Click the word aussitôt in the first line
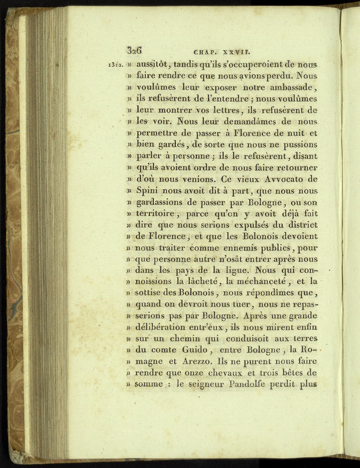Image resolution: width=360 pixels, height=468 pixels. [x=155, y=63]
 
